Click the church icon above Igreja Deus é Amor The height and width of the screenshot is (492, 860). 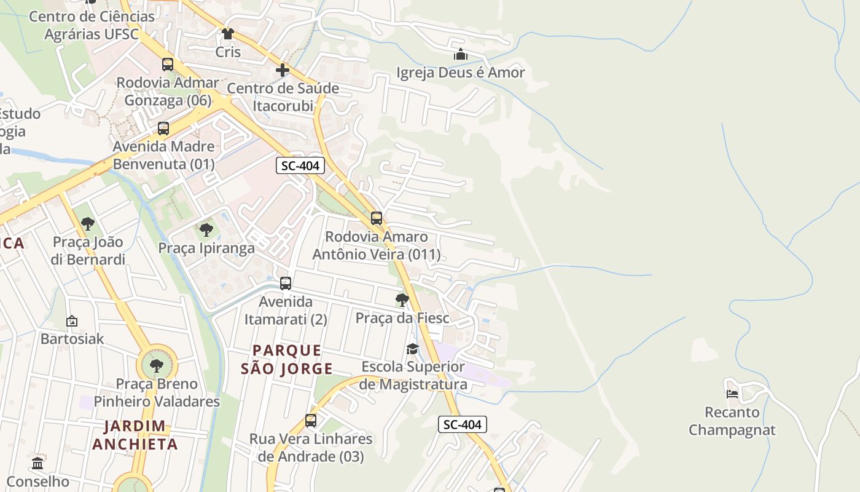click(x=461, y=55)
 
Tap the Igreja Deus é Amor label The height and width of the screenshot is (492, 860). click(x=461, y=73)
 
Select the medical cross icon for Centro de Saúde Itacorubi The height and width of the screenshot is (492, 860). click(x=283, y=70)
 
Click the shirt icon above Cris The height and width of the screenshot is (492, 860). click(x=228, y=34)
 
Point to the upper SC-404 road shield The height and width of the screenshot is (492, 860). click(x=300, y=165)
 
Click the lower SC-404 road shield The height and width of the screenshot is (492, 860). click(x=463, y=424)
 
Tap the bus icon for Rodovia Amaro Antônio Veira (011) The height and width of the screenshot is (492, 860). click(x=377, y=218)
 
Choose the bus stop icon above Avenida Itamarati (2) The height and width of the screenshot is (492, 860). click(x=286, y=284)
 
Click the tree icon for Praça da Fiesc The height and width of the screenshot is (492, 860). click(x=402, y=300)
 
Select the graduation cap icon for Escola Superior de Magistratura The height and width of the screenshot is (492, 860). click(x=412, y=349)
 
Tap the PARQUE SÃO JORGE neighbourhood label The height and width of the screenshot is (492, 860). click(x=286, y=360)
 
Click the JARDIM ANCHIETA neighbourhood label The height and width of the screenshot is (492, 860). click(x=135, y=435)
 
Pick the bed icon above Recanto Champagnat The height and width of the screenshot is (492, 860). click(x=732, y=394)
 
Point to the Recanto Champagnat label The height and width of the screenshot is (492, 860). click(x=732, y=421)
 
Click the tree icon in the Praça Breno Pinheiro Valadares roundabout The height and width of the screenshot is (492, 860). click(x=157, y=365)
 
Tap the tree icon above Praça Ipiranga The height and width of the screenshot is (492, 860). click(x=206, y=230)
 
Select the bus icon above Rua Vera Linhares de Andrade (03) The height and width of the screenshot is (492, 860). click(x=311, y=421)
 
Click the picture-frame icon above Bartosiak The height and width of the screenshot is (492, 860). click(x=72, y=321)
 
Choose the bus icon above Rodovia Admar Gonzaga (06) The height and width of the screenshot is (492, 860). click(x=168, y=65)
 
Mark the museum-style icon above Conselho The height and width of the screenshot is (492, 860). click(x=37, y=463)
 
